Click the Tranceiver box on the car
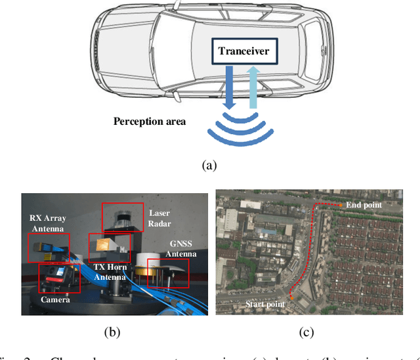pyautogui.click(x=244, y=51)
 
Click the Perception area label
pyautogui.click(x=149, y=122)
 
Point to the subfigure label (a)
pyautogui.click(x=208, y=165)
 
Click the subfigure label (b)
pyautogui.click(x=114, y=332)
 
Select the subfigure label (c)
pyautogui.click(x=306, y=332)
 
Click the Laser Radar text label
pyautogui.click(x=159, y=217)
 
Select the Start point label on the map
pyautogui.click(x=265, y=304)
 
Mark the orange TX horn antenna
pyautogui.click(x=104, y=244)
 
